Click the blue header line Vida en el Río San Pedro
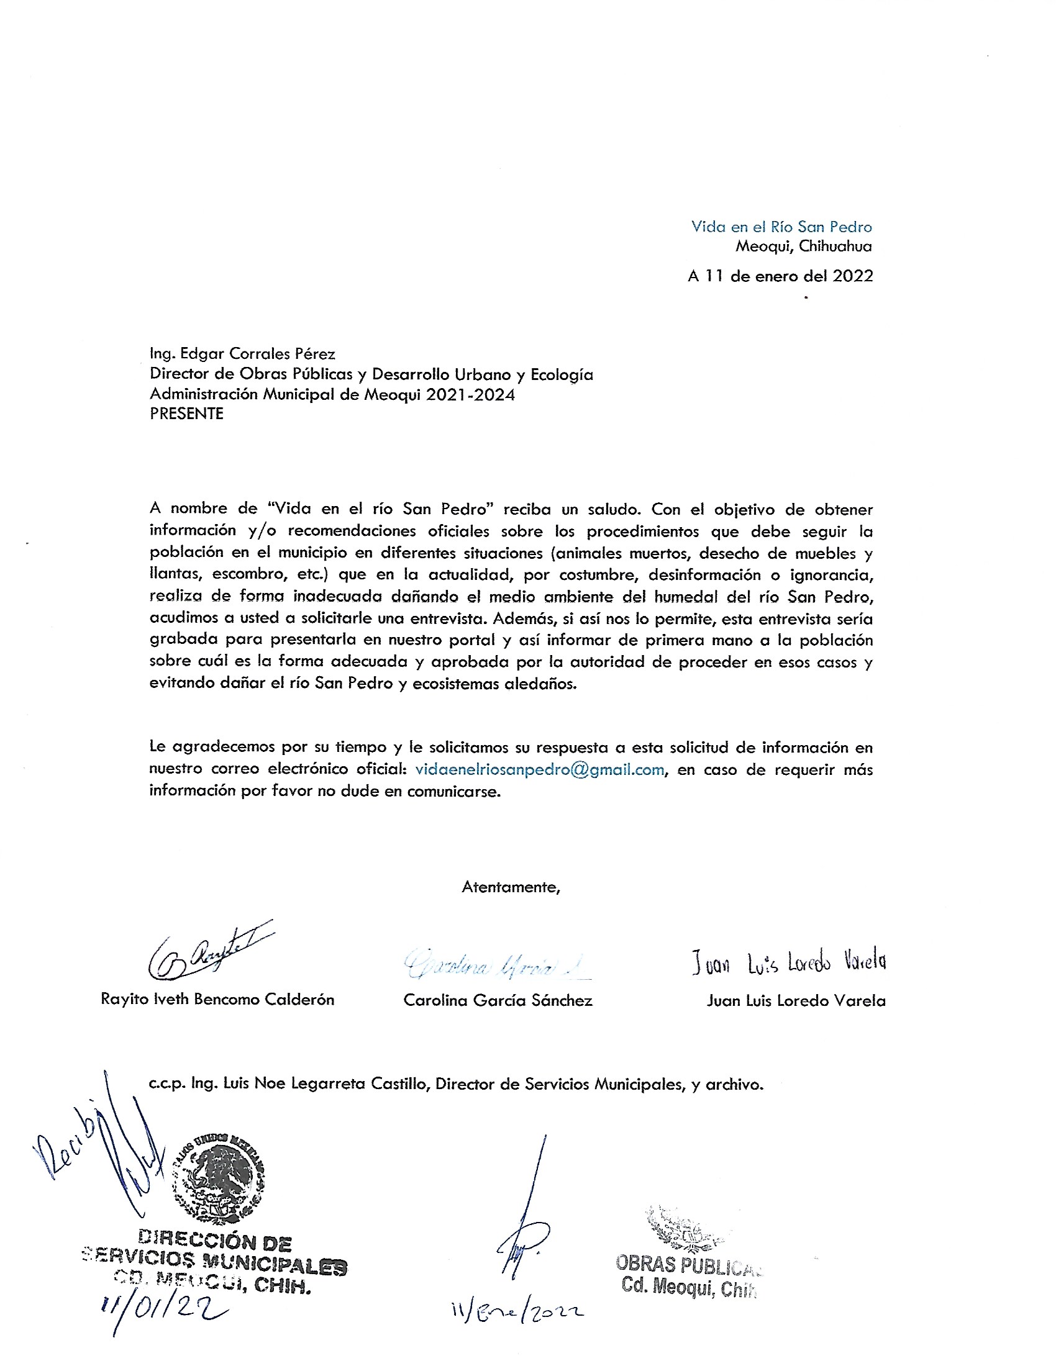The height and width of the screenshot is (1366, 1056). tap(781, 227)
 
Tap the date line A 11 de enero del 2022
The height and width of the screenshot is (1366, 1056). tap(780, 276)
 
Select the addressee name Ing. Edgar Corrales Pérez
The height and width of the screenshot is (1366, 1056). tap(242, 353)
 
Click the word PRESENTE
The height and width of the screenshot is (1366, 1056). tap(186, 414)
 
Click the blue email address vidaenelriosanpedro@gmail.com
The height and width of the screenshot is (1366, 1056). tap(539, 769)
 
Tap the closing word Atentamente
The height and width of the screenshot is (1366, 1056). tap(511, 887)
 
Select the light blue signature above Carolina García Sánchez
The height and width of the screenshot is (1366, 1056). tap(494, 964)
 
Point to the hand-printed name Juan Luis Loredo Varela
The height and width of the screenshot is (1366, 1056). tap(788, 963)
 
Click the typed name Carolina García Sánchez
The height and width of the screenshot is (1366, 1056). tap(498, 1000)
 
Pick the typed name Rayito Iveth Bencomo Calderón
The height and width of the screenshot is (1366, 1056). tap(217, 999)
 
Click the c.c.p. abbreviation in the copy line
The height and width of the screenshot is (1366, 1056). tap(168, 1084)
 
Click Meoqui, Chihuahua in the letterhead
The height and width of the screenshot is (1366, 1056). tap(803, 246)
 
